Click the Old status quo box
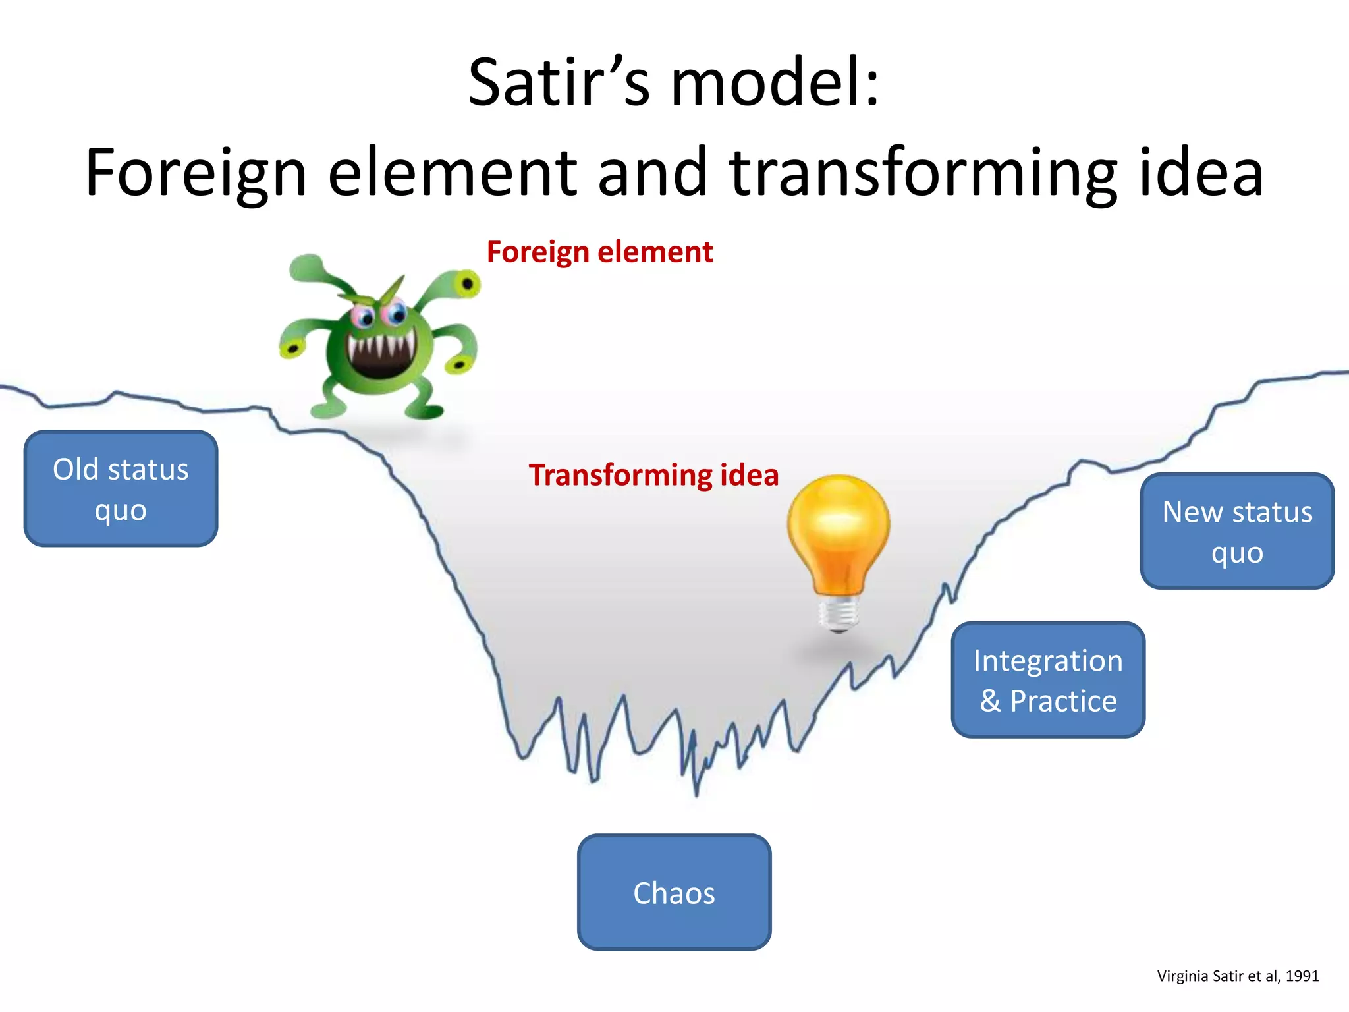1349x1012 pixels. [121, 488]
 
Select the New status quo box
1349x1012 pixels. [1237, 531]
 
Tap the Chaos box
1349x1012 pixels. [674, 892]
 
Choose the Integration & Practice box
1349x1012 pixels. [1048, 679]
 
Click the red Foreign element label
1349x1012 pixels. [599, 252]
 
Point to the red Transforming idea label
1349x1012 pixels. [653, 475]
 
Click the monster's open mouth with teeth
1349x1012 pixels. [381, 356]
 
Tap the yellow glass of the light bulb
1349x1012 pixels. [839, 527]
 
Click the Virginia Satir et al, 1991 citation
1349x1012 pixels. [1238, 976]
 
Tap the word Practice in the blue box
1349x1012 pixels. [1063, 701]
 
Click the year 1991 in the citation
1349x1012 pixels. [1302, 976]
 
